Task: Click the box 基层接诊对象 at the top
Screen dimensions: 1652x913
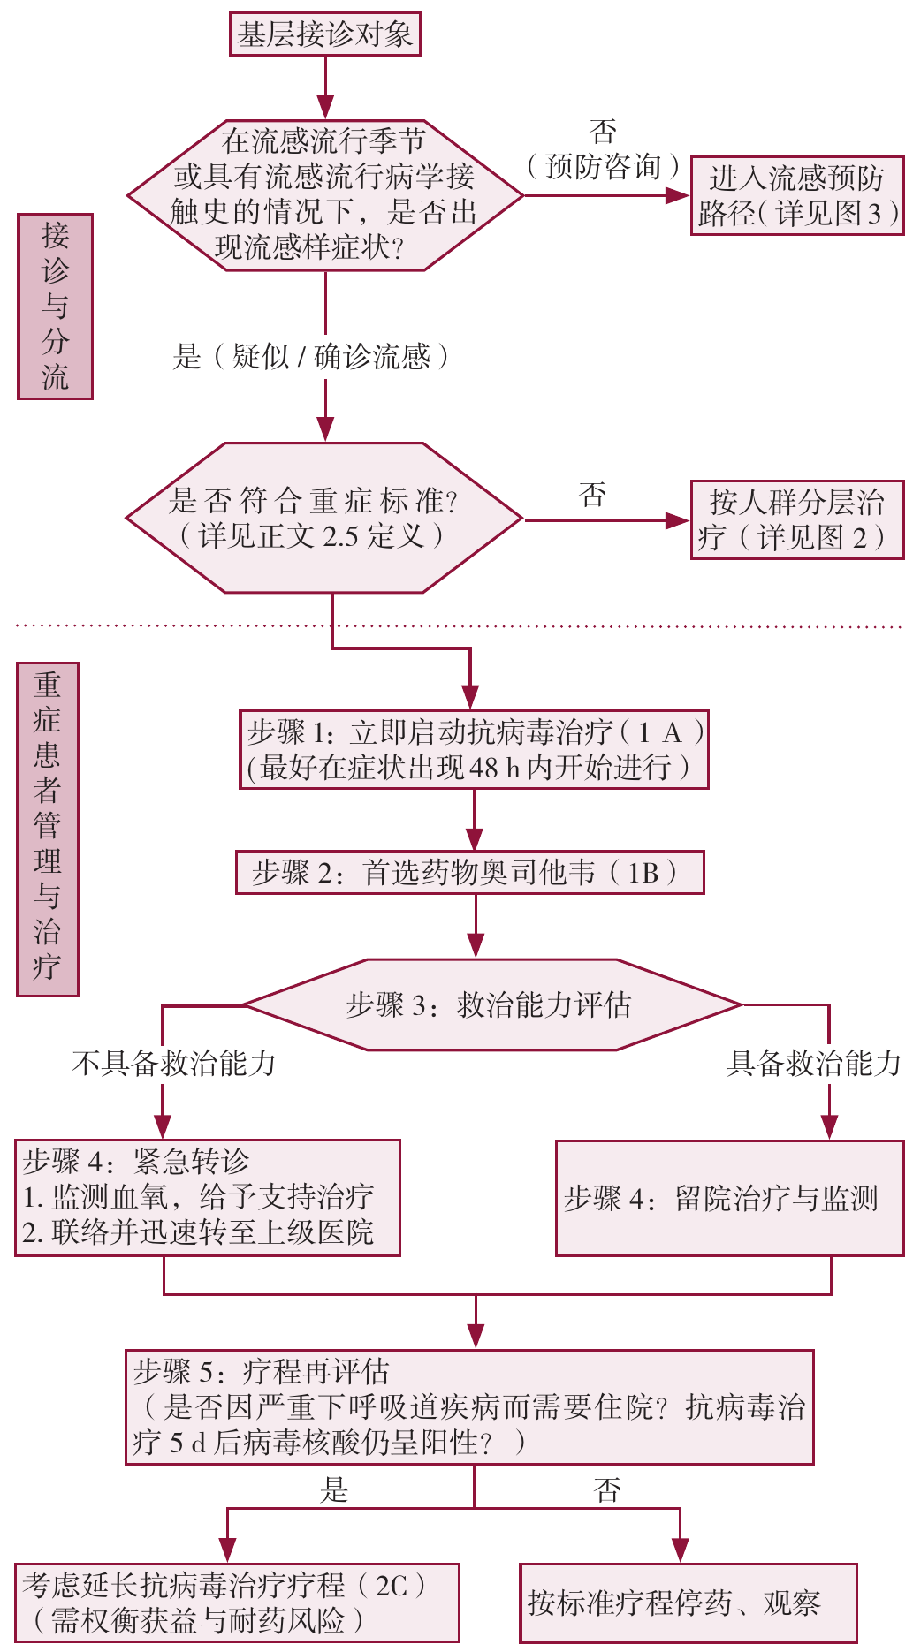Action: [x=324, y=34]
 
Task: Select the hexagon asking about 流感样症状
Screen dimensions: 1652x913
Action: [x=324, y=194]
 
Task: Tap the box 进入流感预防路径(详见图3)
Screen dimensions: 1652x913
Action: [x=796, y=195]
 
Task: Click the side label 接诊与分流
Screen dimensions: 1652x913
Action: [x=55, y=306]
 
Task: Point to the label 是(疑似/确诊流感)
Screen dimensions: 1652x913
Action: [x=312, y=356]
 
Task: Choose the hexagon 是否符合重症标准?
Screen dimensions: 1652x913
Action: [x=324, y=518]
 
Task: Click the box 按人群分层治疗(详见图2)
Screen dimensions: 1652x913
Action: [x=796, y=519]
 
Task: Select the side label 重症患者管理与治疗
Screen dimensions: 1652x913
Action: [x=48, y=829]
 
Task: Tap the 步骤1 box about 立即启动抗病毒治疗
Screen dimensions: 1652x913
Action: [x=474, y=749]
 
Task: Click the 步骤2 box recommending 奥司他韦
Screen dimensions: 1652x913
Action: [x=469, y=873]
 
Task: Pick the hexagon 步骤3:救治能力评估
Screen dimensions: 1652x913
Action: [x=491, y=1004]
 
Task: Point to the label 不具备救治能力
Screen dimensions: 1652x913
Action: [x=174, y=1063]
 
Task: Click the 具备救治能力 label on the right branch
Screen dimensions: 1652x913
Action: [x=813, y=1063]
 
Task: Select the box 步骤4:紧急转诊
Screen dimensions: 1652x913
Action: [x=208, y=1197]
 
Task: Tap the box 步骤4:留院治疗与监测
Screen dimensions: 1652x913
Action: [x=729, y=1198]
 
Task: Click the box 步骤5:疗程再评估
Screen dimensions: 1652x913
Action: [x=468, y=1407]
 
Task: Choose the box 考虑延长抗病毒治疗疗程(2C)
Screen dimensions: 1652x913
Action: [x=237, y=1603]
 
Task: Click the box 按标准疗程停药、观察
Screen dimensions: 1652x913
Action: [x=688, y=1603]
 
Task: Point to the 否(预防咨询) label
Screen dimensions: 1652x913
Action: [x=604, y=150]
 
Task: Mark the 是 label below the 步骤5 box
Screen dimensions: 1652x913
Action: [x=334, y=1491]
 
